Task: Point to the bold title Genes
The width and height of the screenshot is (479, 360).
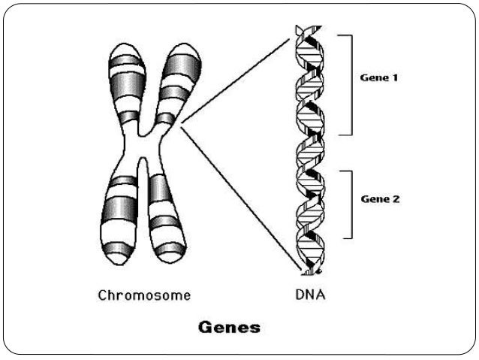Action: [x=228, y=327]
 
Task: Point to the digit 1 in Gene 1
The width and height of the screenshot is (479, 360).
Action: [x=396, y=77]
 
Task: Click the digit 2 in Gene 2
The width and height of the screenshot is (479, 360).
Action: [x=396, y=200]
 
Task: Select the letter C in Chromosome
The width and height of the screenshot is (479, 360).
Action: [x=103, y=295]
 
